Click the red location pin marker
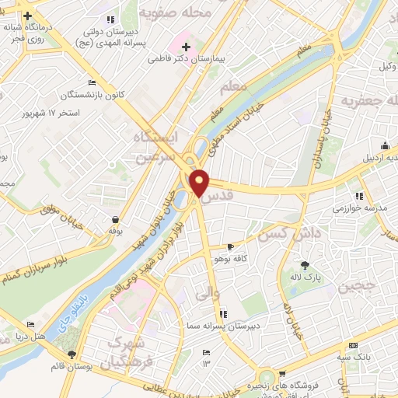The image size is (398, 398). coord(200,182)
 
